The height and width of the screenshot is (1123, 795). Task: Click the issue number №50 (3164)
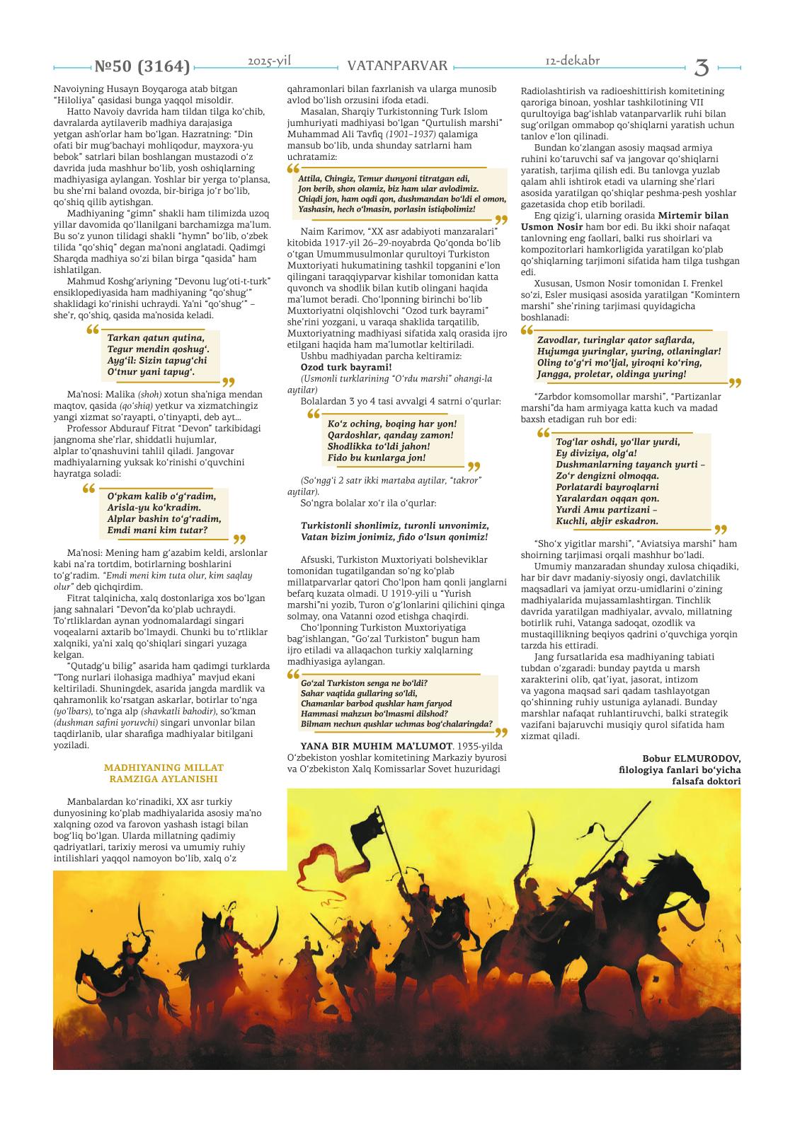(142, 67)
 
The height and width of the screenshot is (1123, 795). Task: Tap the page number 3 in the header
(702, 67)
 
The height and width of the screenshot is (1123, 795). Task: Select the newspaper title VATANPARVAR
(397, 66)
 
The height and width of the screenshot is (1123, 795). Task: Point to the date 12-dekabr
(573, 61)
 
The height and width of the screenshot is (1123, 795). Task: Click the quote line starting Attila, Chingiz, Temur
(383, 179)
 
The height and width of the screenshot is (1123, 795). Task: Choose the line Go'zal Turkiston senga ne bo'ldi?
(364, 683)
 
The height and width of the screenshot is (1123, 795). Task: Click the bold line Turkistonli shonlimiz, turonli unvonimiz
(395, 525)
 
